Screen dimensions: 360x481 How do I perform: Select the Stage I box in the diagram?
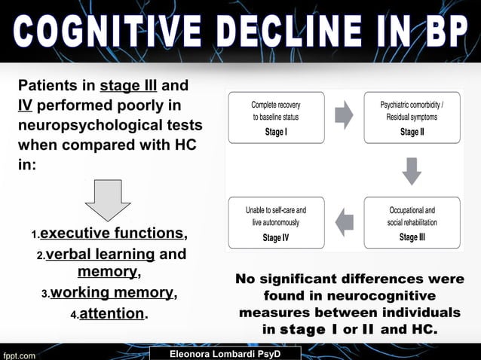pyautogui.click(x=276, y=117)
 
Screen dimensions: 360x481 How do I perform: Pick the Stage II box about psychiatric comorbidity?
pyautogui.click(x=411, y=117)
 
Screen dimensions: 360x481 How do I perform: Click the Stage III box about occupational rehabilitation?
pyautogui.click(x=411, y=223)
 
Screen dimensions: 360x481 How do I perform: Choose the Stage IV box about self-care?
pyautogui.click(x=276, y=223)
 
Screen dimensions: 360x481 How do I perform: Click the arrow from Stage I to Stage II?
pyautogui.click(x=344, y=114)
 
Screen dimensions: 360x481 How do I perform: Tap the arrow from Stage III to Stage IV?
pyautogui.click(x=344, y=221)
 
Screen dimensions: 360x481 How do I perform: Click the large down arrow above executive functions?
pyautogui.click(x=108, y=199)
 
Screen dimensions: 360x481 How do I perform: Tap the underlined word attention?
pyautogui.click(x=112, y=313)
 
